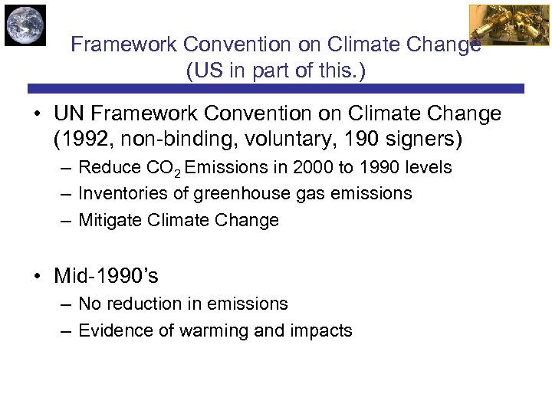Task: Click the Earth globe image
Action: pyautogui.click(x=25, y=25)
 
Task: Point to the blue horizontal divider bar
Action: pyautogui.click(x=276, y=88)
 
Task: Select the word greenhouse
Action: pyautogui.click(x=232, y=194)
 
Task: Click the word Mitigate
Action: pyautogui.click(x=106, y=221)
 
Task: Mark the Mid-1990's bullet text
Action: pyautogui.click(x=106, y=275)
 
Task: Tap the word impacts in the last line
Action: pyautogui.click(x=322, y=330)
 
